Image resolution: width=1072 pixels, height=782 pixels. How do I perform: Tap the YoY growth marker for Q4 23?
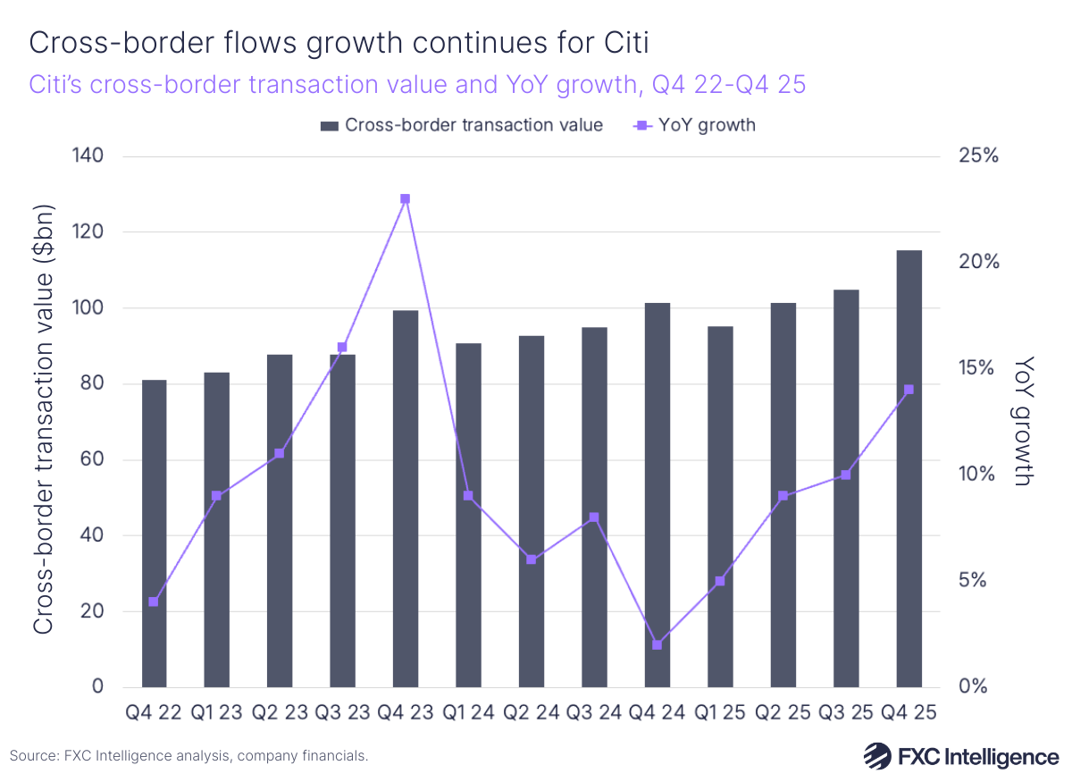pos(405,198)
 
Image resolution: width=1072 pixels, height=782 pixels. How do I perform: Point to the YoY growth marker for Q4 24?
pos(657,644)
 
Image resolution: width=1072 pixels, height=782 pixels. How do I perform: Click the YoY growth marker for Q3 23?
pos(342,347)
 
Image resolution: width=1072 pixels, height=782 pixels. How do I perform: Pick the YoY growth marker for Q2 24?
pos(531,559)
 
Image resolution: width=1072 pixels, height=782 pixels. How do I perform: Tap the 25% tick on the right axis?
pos(978,156)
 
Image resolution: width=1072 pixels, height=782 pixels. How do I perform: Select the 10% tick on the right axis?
pos(978,475)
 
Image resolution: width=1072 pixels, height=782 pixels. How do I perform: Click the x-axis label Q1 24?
pos(468,714)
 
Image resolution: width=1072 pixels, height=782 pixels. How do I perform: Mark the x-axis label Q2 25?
pos(783,714)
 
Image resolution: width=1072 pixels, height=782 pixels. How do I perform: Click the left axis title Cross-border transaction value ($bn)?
pos(43,421)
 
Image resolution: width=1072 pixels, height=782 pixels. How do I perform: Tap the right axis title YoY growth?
pos(1024,421)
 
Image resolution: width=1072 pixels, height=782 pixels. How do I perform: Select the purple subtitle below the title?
pos(418,84)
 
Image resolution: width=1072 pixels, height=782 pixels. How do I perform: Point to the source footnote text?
pos(188,756)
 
